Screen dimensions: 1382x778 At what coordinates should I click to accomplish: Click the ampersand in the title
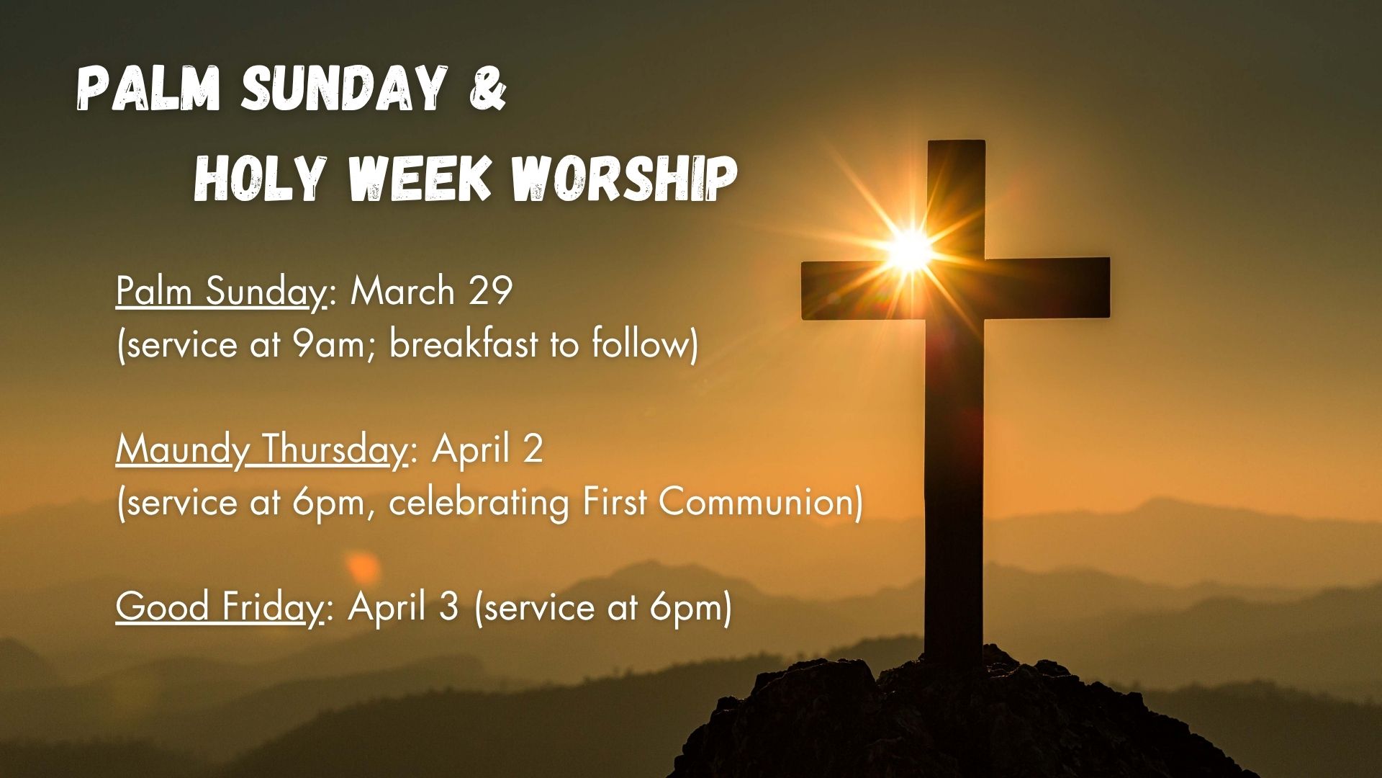coord(489,89)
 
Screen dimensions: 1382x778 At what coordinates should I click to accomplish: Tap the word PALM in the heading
coord(148,90)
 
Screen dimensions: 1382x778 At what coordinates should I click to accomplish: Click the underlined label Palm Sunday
coord(221,292)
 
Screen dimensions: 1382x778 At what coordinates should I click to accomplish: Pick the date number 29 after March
coord(490,291)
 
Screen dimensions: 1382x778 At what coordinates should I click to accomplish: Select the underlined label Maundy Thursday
coord(261,451)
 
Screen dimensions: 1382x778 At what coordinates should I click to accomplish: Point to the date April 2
coord(487,450)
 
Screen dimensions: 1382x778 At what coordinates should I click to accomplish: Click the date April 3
coord(404,607)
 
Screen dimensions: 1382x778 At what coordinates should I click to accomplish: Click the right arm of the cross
coord(1047,286)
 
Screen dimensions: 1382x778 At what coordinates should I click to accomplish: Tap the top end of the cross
coord(956,143)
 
